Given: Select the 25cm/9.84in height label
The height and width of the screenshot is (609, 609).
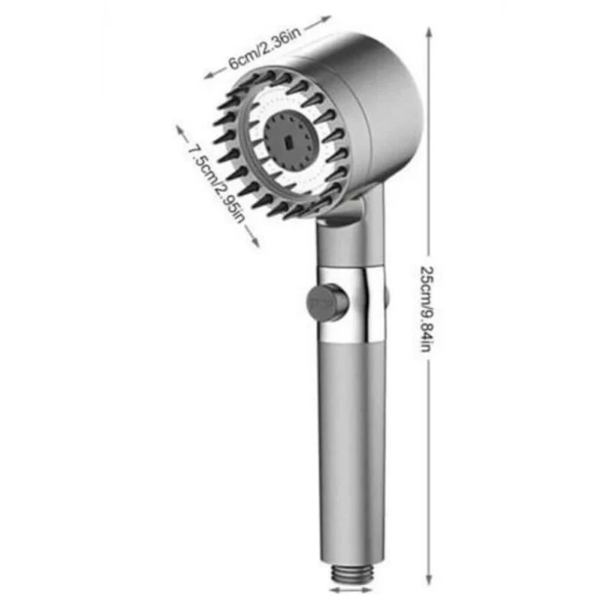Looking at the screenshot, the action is (x=426, y=309).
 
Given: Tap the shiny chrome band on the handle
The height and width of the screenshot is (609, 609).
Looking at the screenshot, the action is (x=352, y=304).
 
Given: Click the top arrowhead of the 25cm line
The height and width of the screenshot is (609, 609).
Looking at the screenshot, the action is (x=428, y=33).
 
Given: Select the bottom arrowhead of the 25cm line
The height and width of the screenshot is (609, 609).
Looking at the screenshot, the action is (x=428, y=578).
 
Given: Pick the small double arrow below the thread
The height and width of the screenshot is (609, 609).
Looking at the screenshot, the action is (x=351, y=590).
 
